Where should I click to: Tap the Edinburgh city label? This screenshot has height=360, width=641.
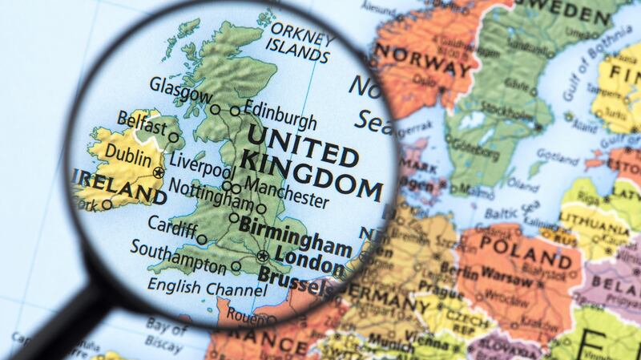click(x=280, y=111)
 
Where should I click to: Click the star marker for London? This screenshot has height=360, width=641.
click(x=262, y=257)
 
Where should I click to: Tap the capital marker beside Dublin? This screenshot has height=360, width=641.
click(x=159, y=172)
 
